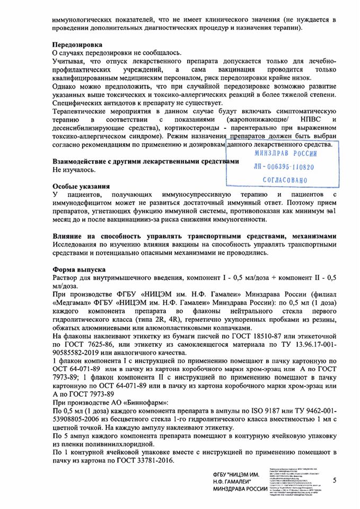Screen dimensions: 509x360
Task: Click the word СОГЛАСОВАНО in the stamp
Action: pyautogui.click(x=285, y=180)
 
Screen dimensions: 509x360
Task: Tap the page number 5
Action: pyautogui.click(x=335, y=480)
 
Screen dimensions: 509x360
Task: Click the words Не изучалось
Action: pyautogui.click(x=75, y=170)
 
